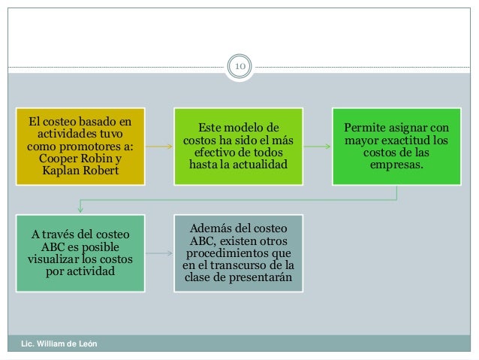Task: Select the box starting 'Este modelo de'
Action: tap(237, 147)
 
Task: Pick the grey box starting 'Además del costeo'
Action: tap(237, 253)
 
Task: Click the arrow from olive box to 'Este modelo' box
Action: tap(158, 148)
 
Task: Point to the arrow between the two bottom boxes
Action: tap(158, 254)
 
